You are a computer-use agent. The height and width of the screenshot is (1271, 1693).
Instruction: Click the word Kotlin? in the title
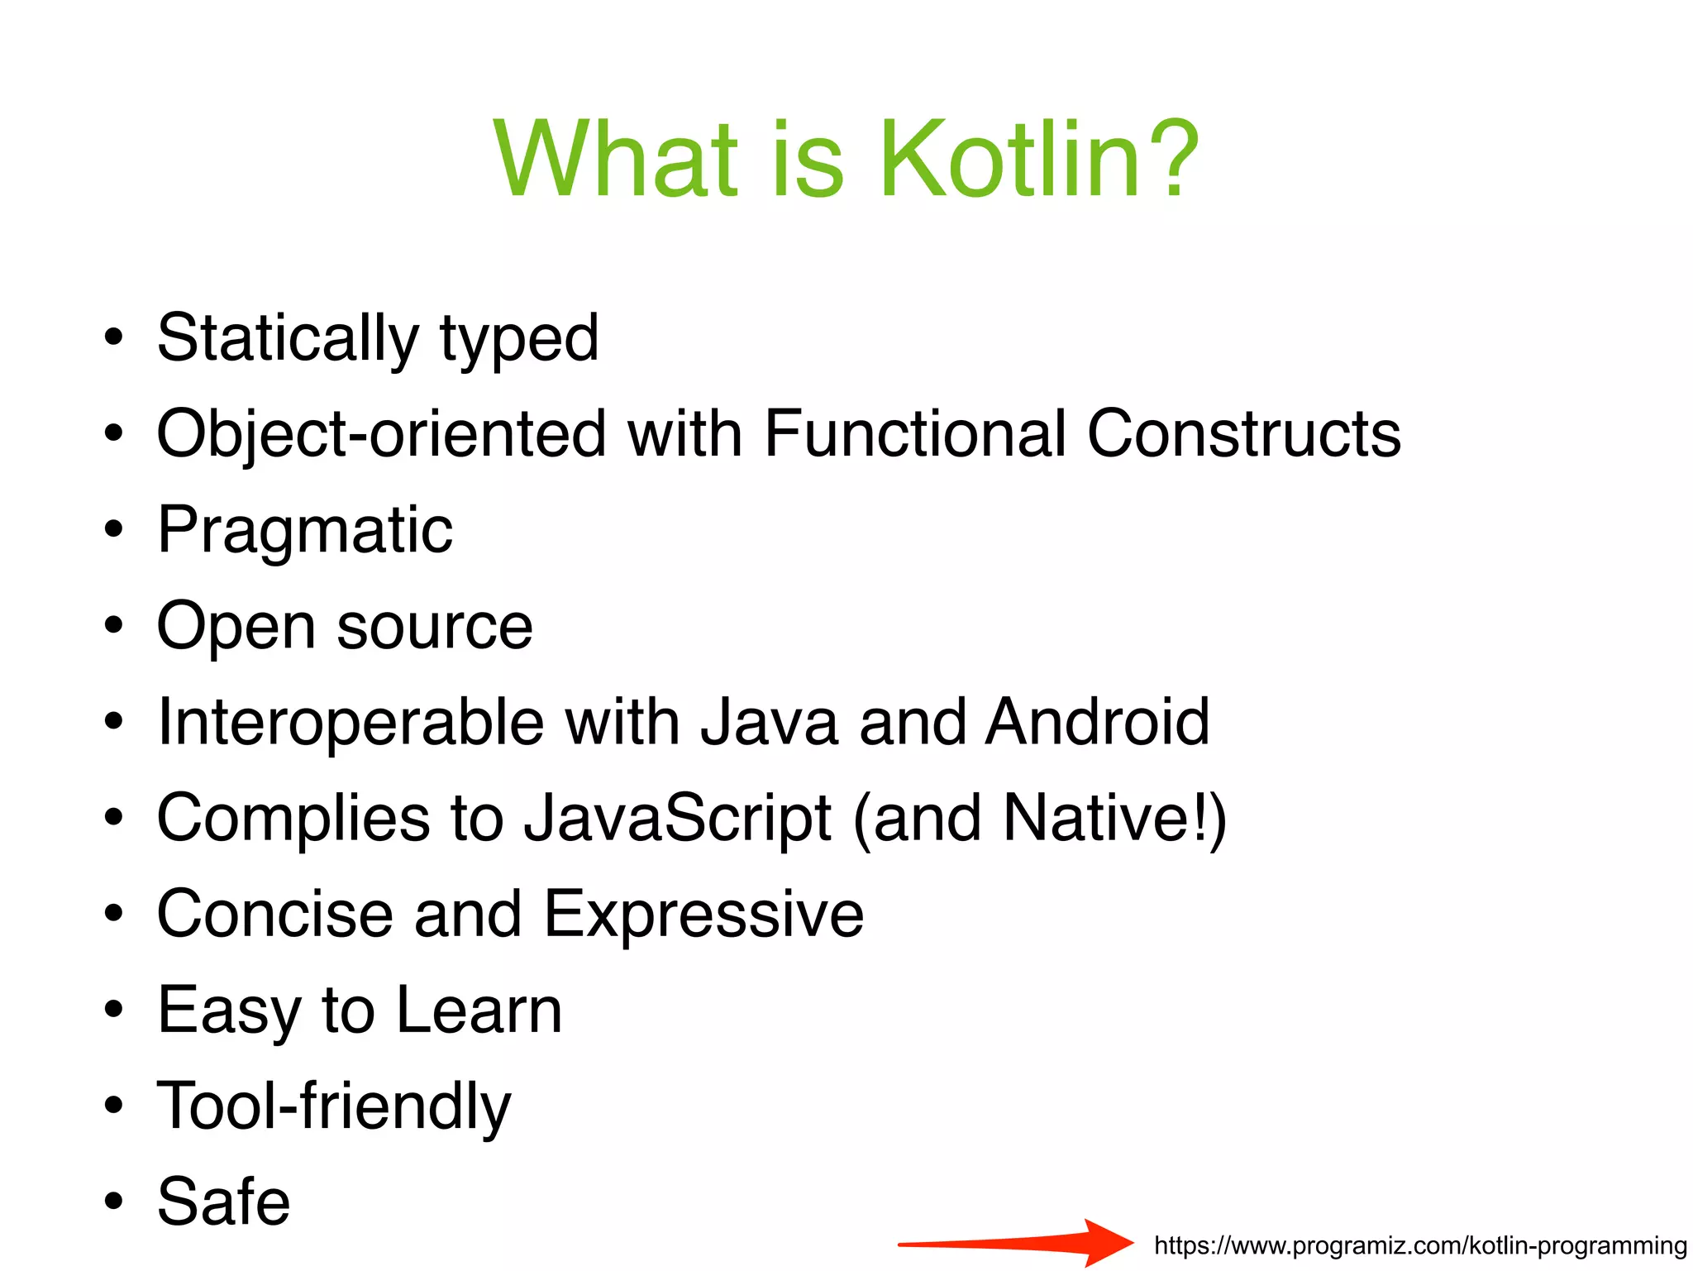1037,159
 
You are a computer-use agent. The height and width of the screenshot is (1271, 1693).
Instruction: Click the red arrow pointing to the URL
1017,1242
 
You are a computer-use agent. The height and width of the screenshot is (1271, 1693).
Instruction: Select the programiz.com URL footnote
1420,1245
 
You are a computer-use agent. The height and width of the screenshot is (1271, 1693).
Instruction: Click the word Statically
288,339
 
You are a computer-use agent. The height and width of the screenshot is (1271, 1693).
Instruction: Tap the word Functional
914,434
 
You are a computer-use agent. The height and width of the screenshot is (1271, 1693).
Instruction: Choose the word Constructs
1243,434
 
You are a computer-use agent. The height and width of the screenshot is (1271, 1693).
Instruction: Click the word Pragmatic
305,531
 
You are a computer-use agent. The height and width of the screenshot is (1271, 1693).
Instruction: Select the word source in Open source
435,627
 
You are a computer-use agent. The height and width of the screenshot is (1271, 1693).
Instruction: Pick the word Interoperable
351,722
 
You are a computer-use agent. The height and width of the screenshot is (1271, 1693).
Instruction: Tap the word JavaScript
678,819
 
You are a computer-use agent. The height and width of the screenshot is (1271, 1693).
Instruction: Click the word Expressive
703,915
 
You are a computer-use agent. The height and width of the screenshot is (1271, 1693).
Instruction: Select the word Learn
479,1011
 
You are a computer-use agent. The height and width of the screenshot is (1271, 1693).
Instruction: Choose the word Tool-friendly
334,1106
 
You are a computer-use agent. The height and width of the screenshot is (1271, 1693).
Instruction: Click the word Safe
223,1202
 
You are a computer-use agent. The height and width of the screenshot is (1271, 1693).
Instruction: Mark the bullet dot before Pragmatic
114,530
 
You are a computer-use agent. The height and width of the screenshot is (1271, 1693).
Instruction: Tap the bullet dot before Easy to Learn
114,1010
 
